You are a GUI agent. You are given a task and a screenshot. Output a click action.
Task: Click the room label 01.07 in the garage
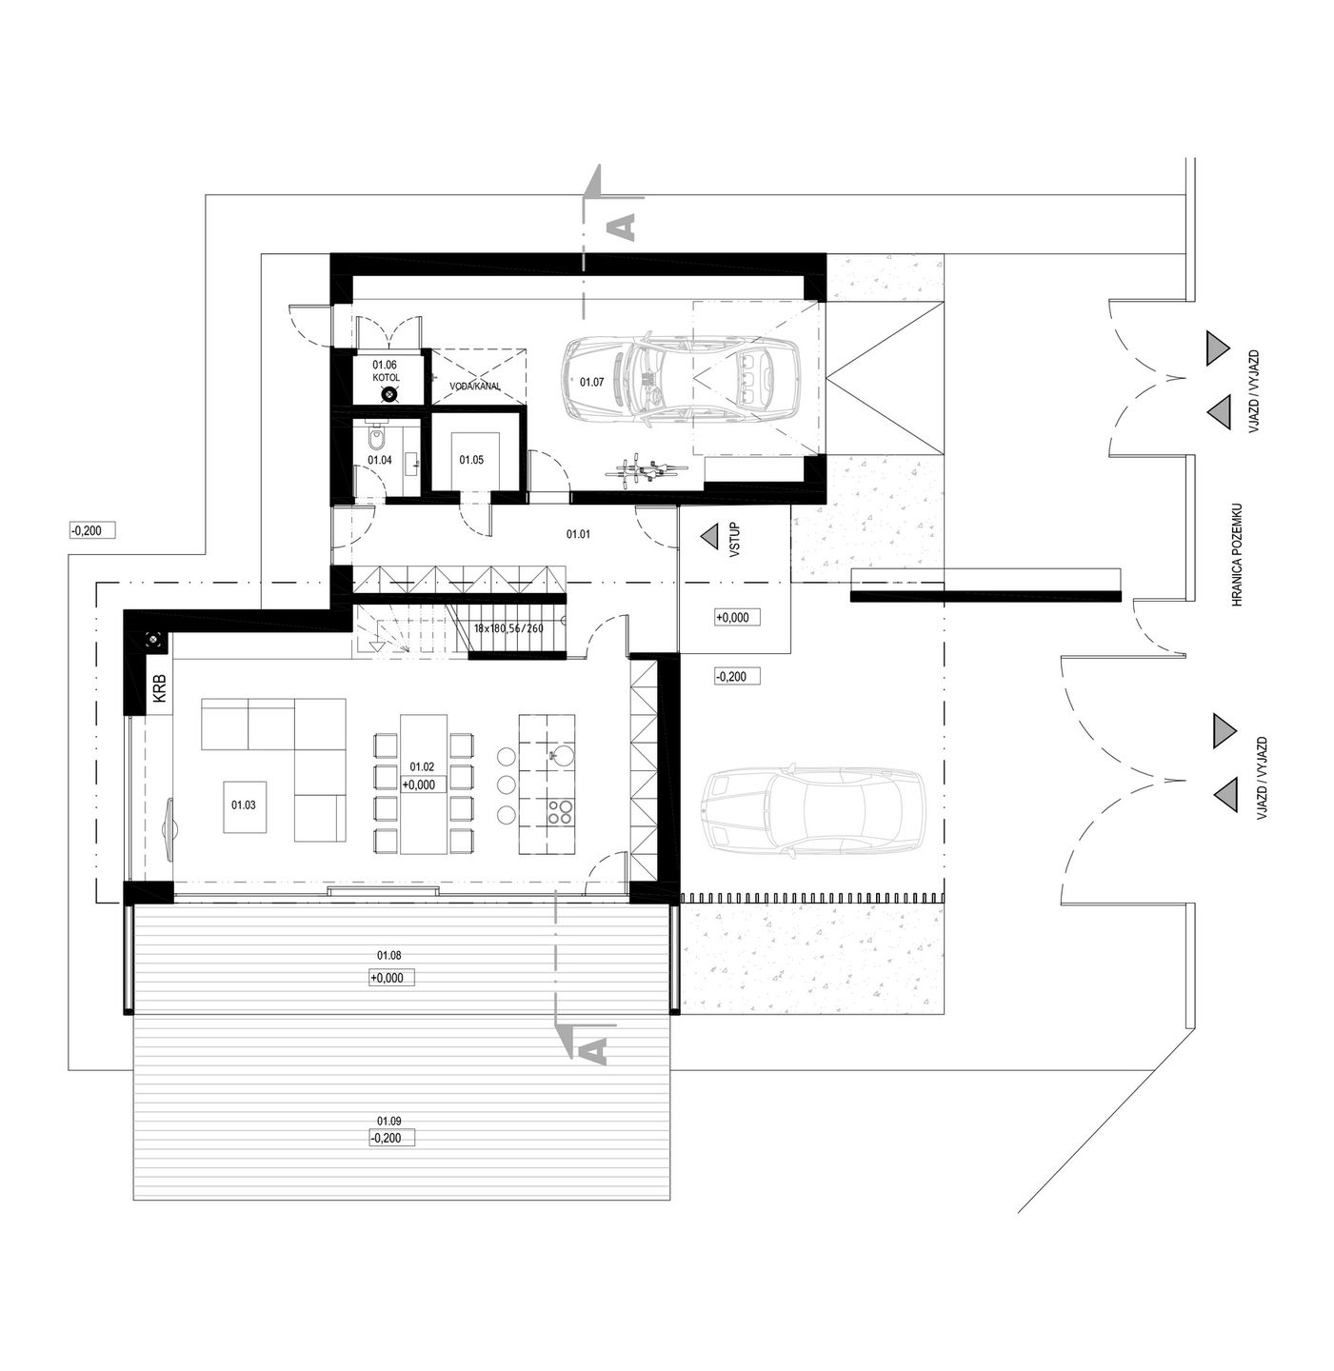(x=591, y=383)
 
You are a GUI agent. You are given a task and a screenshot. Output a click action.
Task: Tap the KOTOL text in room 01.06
(x=387, y=378)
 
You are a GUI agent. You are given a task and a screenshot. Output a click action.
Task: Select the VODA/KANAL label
(x=475, y=387)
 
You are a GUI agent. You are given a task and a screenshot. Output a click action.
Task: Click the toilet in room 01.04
(x=377, y=441)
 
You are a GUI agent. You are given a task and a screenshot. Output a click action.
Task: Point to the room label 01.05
(x=471, y=460)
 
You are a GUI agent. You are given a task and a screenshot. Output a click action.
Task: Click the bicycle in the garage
(x=645, y=469)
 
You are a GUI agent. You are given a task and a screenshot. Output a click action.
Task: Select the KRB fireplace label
(x=160, y=687)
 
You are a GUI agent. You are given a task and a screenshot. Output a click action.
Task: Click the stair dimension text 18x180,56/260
(x=508, y=627)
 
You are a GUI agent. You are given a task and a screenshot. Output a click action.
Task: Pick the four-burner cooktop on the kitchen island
(x=560, y=811)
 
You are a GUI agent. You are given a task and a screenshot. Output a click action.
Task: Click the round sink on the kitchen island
(x=561, y=757)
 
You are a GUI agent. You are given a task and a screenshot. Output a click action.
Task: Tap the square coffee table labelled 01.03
(x=246, y=806)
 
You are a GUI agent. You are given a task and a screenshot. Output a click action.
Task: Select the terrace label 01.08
(x=389, y=955)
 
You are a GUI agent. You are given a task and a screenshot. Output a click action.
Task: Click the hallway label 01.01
(x=578, y=534)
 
